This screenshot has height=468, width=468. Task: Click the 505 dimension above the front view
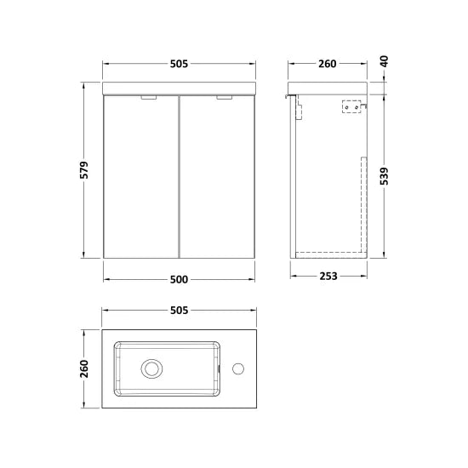[179, 64]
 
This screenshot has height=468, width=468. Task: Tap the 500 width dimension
[179, 278]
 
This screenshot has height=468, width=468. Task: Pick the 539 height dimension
[384, 174]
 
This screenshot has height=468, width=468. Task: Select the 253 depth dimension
[328, 276]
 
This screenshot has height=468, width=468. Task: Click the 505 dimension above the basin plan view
[179, 311]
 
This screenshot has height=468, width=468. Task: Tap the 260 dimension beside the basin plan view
[86, 368]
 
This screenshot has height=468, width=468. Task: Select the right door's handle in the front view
[225, 98]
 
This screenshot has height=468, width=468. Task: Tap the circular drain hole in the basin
[152, 368]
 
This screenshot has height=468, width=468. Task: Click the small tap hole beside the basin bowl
[238, 368]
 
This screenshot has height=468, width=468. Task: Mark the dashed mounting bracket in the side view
[351, 107]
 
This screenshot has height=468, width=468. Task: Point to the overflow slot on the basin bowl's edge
[220, 368]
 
